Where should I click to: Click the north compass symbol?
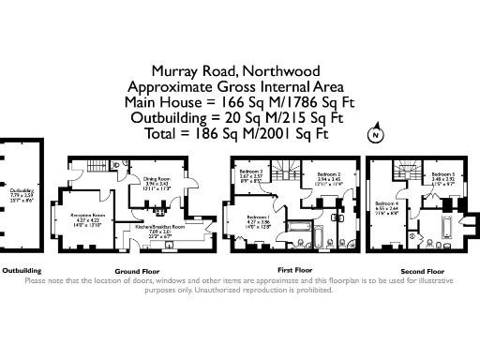click(x=375, y=135)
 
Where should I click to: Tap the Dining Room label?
click(x=156, y=178)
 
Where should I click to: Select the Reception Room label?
click(x=87, y=216)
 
